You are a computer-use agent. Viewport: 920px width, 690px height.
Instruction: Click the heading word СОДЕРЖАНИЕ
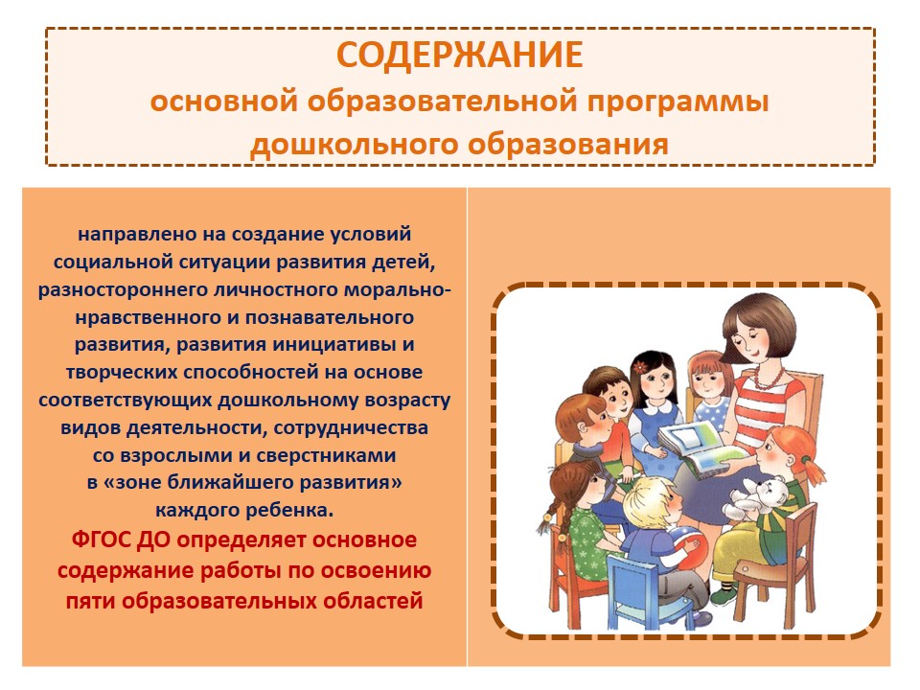pyautogui.click(x=459, y=56)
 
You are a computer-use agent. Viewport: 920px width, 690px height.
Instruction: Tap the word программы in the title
pyautogui.click(x=678, y=102)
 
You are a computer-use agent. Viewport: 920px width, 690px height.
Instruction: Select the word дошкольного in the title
pyautogui.click(x=354, y=145)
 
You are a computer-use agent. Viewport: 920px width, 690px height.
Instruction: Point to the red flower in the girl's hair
pyautogui.click(x=639, y=367)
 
